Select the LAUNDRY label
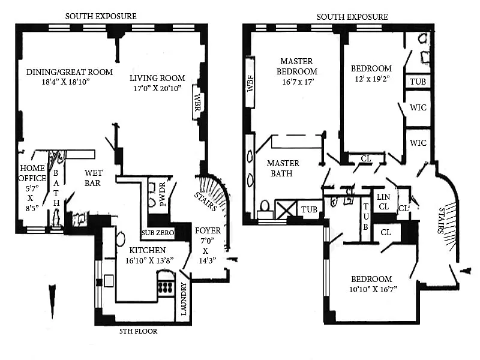click(184, 299)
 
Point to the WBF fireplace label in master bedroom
click(250, 82)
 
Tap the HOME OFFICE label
click(32, 173)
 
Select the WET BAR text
click(92, 178)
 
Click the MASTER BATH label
click(280, 168)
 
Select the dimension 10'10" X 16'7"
click(371, 289)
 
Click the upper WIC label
click(418, 107)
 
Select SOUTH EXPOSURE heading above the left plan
click(100, 16)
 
